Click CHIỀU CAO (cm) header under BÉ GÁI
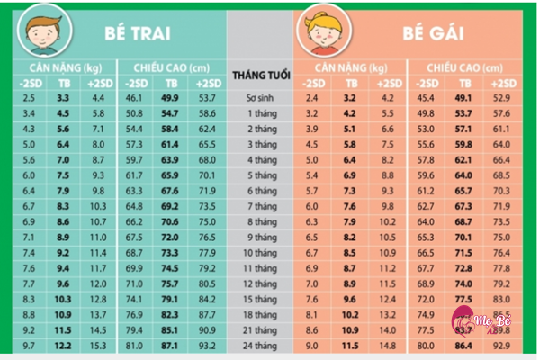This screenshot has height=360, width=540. pos(462,67)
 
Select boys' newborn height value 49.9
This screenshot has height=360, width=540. pos(169,97)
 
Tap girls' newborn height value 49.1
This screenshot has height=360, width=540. pos(463,97)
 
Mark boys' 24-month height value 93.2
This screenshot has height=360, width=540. pos(207,345)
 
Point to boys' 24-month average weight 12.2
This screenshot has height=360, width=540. pos(64,345)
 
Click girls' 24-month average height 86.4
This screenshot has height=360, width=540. pos(463,345)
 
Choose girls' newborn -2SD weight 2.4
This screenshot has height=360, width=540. pos(312,97)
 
